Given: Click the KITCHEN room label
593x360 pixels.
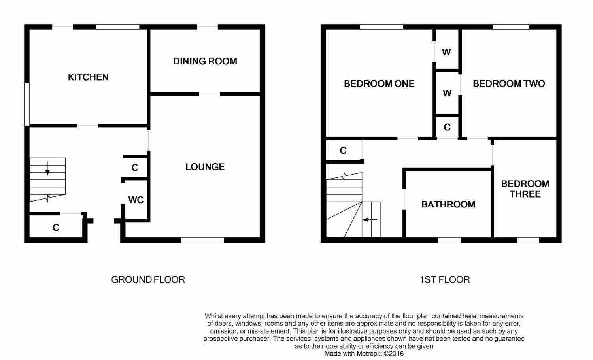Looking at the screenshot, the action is tap(88, 77).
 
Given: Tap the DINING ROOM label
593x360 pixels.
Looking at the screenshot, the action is tap(205, 61).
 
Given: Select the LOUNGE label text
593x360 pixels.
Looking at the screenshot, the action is tap(205, 167).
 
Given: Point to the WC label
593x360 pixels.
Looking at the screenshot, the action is tap(136, 200).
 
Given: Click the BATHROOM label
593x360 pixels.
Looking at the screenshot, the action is tap(448, 204).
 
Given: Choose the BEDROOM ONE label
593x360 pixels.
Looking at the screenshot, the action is tap(379, 84).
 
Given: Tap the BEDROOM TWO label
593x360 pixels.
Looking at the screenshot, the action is tap(509, 84).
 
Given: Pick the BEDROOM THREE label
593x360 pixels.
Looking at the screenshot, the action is tap(525, 189).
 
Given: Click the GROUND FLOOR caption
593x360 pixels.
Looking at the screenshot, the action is tap(148, 279).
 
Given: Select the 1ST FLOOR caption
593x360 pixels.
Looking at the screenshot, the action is tap(445, 279).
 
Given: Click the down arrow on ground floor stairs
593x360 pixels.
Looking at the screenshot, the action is tap(47, 168).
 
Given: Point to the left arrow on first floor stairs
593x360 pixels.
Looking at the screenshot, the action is tap(370, 219).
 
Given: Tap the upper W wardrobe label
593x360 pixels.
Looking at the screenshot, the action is tap(446, 52).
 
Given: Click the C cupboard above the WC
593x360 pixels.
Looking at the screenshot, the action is tap(135, 168).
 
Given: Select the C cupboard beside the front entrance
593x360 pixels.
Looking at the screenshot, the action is tap(56, 228).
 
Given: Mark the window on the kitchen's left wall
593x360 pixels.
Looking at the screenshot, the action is tap(27, 104).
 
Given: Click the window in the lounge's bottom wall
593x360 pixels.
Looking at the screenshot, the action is tap(202, 240).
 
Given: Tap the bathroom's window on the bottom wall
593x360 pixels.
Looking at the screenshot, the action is tap(449, 240).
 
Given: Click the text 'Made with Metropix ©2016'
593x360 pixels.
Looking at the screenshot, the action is tap(364, 354).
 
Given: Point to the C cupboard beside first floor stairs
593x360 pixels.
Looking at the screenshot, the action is tap(343, 151).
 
